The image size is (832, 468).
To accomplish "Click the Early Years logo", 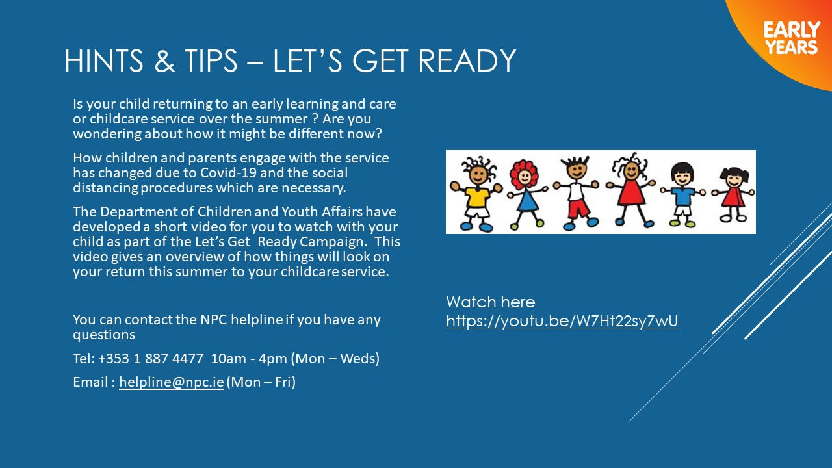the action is pos(792,38).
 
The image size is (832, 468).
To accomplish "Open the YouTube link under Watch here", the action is pos(562,321).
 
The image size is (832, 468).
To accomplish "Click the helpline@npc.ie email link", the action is pos(172,382).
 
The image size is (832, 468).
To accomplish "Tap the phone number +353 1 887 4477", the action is pos(150,359).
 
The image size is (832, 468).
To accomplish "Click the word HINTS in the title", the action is pos(103,60).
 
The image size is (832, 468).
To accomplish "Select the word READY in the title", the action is pos(467,60).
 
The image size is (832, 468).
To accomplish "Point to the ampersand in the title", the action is pos(164,60).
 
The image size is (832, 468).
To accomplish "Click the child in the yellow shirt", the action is pos(476,194).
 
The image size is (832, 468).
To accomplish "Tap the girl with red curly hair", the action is pos(526,194).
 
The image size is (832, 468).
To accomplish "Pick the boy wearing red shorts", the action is pos(576,193).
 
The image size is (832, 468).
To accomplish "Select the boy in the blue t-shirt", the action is pos(682,194).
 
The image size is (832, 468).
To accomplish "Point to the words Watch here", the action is pos(491,302).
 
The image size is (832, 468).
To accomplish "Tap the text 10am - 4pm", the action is pos(249,359).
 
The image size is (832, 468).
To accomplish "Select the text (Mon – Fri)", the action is pos(261,382).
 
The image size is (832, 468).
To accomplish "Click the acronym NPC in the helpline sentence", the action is pos(214,320).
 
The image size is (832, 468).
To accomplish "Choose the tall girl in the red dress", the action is pos(630,191).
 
